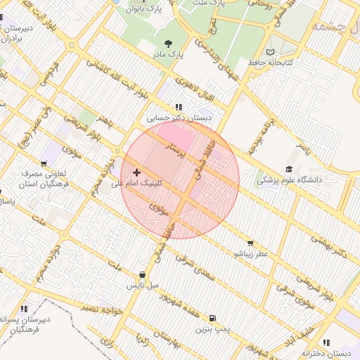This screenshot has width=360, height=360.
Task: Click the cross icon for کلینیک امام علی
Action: tap(136, 172)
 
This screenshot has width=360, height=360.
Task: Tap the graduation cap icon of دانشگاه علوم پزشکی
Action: tap(289, 169)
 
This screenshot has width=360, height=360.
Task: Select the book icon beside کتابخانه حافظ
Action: tap(271, 53)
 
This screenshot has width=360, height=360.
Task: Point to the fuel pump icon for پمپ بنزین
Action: tap(212, 318)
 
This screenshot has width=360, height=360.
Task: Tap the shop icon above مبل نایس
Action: tap(143, 275)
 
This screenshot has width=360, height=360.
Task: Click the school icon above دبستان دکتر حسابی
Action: tap(178, 108)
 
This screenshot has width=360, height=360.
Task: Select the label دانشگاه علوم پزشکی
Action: tap(288, 180)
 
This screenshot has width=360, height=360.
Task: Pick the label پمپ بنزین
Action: tap(212, 328)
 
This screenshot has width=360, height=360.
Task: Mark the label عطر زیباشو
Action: tap(251, 253)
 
